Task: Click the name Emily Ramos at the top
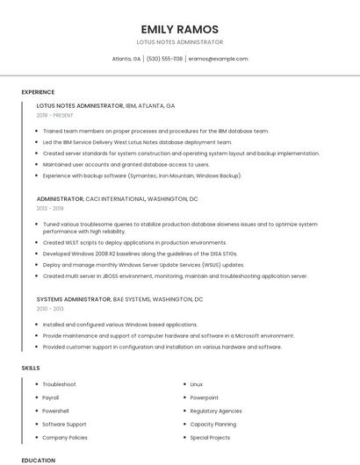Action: coord(179,29)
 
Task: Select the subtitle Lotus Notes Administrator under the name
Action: coord(179,42)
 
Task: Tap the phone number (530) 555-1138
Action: coord(165,59)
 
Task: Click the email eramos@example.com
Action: coord(219,59)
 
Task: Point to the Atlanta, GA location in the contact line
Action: coord(126,59)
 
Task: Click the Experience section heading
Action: coord(38,92)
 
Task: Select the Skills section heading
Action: coord(31,368)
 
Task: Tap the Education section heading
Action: coord(38,460)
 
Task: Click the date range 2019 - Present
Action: coord(55,115)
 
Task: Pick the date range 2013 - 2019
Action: coord(50,209)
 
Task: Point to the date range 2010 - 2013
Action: coord(50,309)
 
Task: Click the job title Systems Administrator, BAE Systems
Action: coord(119,299)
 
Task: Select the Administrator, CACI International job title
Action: coord(117,199)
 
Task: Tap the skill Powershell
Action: coord(55,411)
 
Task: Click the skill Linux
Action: coord(197,384)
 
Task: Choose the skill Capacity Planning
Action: coord(213,424)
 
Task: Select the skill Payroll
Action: coord(51,397)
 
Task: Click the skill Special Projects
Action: coord(210,437)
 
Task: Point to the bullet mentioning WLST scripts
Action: coord(134,243)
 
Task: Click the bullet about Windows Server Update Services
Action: coord(143,265)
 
